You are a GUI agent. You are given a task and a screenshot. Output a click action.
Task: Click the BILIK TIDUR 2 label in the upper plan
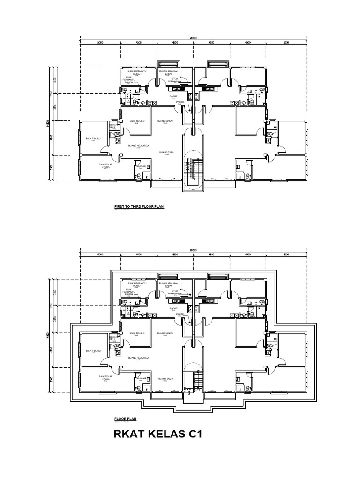(93, 139)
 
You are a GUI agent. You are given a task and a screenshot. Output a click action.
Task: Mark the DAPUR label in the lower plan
(173, 308)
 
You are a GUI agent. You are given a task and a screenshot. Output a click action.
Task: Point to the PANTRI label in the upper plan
(180, 102)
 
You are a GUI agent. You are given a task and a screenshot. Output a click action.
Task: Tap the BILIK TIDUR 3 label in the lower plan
(137, 333)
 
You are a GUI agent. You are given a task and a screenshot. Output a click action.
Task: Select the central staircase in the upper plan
(192, 169)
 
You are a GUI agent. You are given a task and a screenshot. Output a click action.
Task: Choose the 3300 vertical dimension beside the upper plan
(51, 167)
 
